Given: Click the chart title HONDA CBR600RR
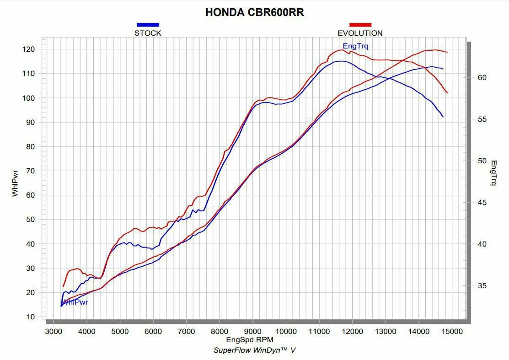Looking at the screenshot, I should pos(255,12).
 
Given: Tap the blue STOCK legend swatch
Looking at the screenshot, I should pos(148,25).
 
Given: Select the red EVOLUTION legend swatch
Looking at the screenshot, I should pos(360,25).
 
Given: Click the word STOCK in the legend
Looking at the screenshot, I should pos(148,33).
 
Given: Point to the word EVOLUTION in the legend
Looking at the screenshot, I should pos(360,33).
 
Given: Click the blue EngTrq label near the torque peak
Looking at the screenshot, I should pos(355,46).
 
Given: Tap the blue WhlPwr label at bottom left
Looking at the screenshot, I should pos(75,302).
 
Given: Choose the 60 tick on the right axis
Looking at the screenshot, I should pos(482,78).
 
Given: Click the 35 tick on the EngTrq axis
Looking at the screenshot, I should pos(482,286).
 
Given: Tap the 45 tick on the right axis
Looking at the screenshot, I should pos(482,203).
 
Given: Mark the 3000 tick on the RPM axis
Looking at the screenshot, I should pos(54,331).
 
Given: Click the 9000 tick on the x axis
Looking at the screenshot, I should pos(252,331).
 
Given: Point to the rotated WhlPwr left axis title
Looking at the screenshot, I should pos(15,183).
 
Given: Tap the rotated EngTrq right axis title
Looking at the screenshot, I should pos(493,173).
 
